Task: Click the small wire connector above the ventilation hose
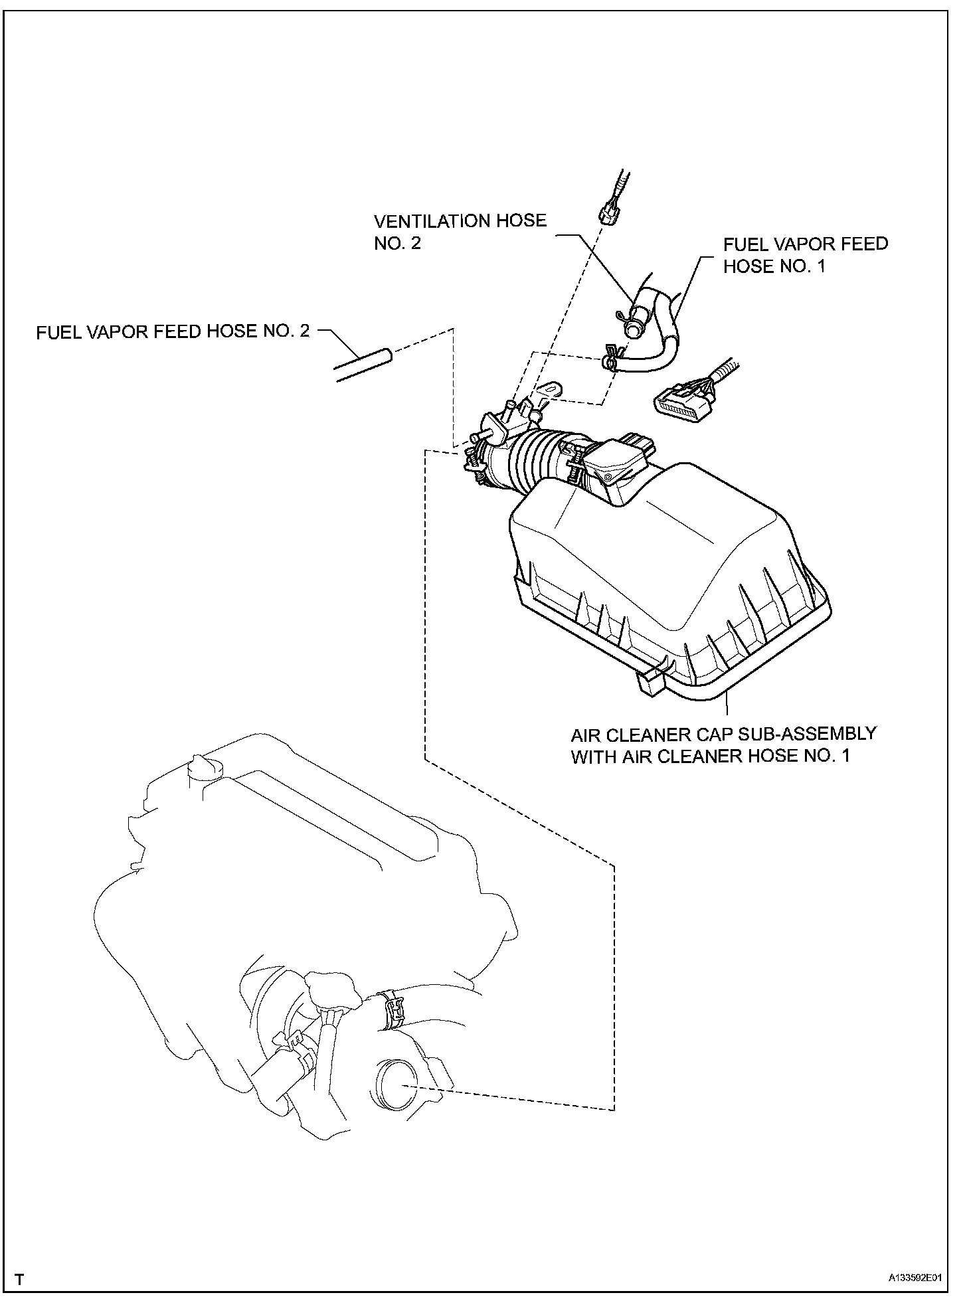610,213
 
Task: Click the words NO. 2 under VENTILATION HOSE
398,244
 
